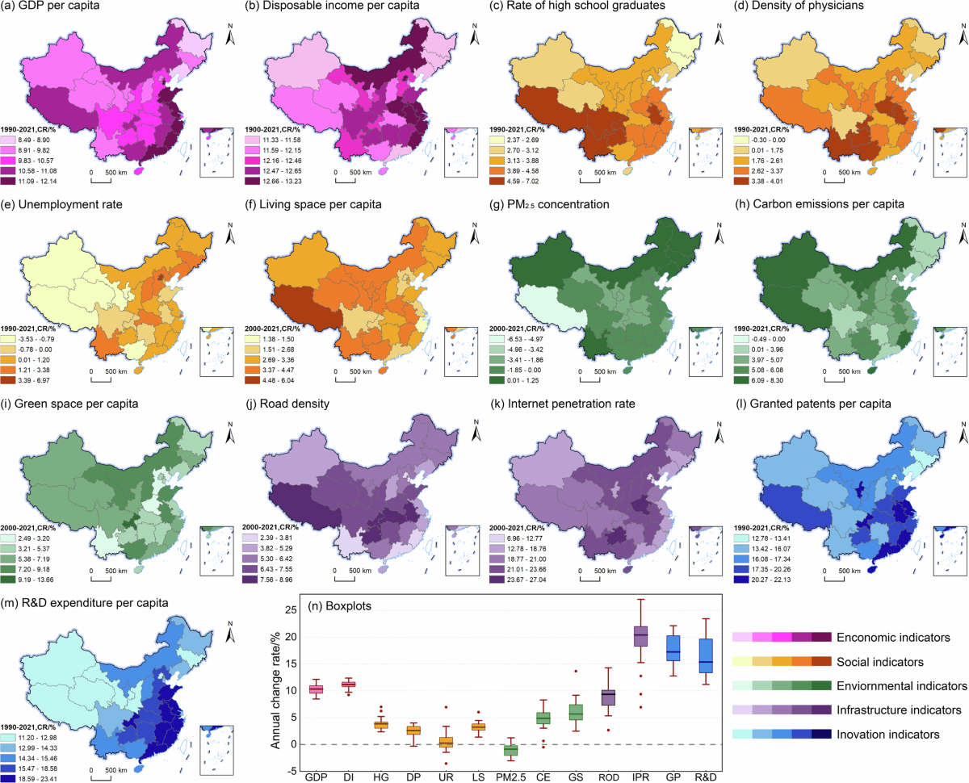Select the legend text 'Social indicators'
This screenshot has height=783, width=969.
[880, 662]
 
